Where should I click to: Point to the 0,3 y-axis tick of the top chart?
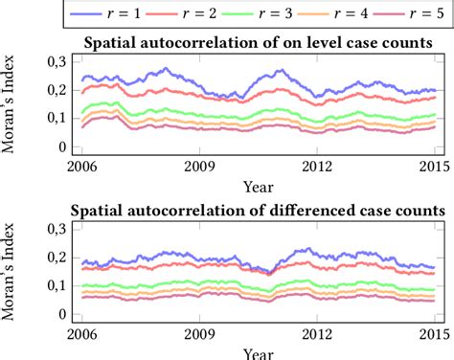54,61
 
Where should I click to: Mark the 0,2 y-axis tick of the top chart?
54,90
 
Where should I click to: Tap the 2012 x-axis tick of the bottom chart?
317,335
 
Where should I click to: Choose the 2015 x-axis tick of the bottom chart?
434,335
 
